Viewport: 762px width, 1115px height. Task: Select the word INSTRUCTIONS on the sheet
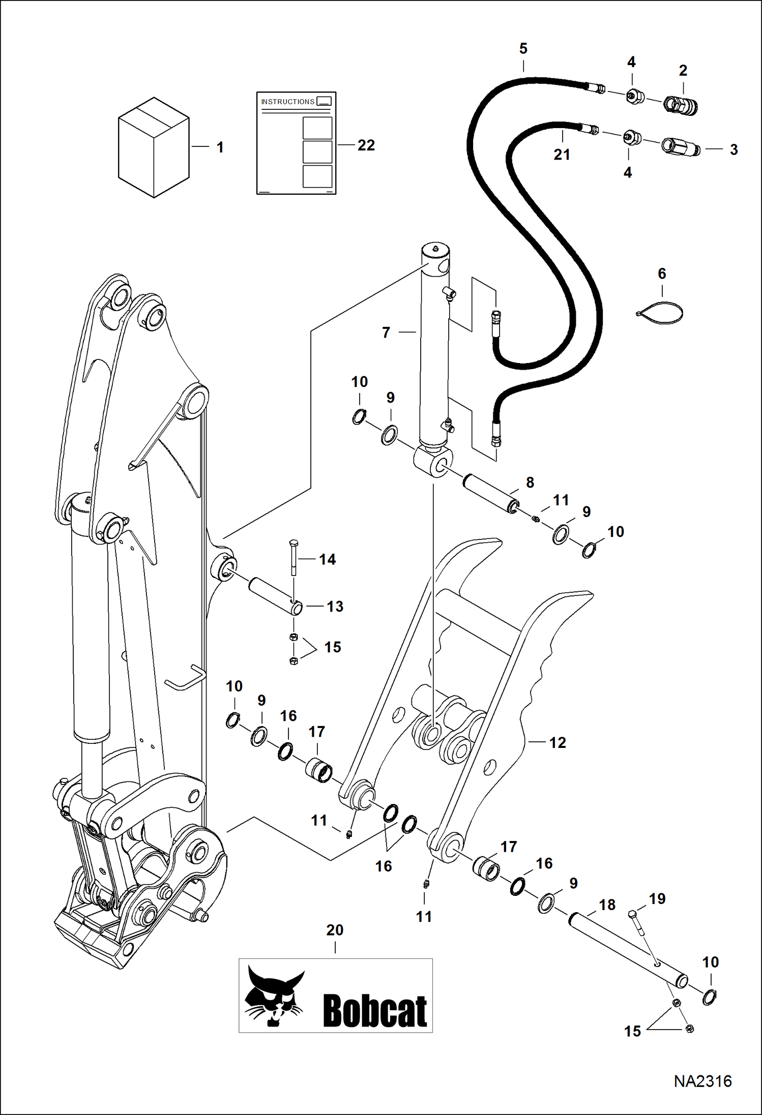[287, 102]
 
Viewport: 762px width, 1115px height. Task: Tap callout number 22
[366, 145]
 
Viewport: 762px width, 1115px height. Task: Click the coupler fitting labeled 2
[681, 106]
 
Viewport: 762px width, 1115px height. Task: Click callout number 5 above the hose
[523, 49]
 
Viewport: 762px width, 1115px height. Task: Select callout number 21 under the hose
[562, 155]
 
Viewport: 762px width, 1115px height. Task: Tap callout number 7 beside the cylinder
[386, 333]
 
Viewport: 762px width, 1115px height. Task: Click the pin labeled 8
[491, 493]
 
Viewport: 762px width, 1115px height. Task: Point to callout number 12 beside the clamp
[558, 743]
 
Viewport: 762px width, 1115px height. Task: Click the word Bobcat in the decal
[374, 1011]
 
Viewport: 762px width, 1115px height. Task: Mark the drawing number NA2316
[702, 1081]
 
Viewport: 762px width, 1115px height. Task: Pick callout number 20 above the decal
[335, 930]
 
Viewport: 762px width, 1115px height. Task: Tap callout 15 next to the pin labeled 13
[332, 647]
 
